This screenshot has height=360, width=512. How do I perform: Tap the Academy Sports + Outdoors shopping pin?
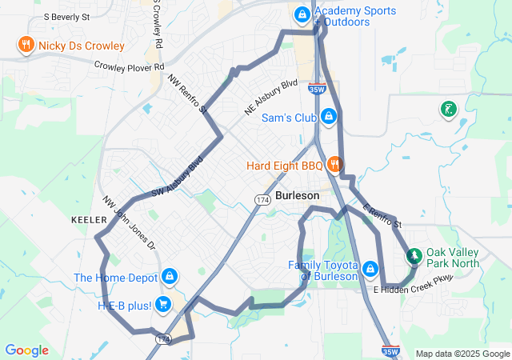click(302, 14)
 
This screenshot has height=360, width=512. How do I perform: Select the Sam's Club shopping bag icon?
click(327, 118)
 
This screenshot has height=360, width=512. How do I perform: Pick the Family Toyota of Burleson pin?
click(370, 269)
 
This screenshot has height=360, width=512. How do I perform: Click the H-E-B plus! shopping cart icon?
click(162, 304)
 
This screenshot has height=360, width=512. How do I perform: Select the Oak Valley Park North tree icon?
click(414, 256)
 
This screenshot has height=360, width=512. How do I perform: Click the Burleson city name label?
click(297, 195)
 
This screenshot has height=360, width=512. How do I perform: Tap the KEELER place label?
click(89, 219)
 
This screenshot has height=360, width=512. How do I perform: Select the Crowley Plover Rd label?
click(129, 66)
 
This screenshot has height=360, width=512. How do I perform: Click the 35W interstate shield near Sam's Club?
click(315, 90)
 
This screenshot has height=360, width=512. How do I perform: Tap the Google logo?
click(26, 350)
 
